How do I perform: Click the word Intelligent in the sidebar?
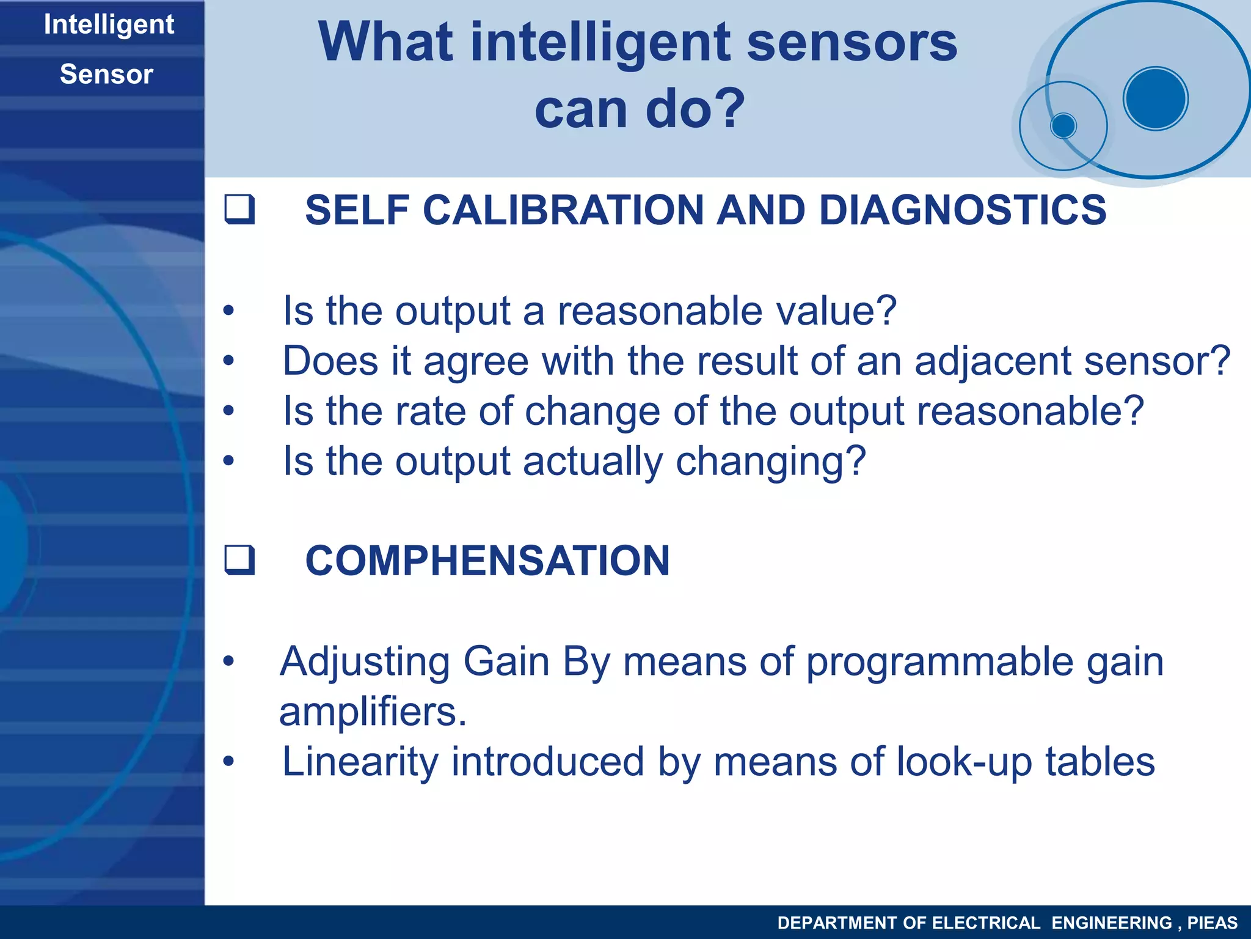click(x=109, y=25)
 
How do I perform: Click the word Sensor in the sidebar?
click(x=106, y=75)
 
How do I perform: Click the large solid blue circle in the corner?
click(x=1155, y=98)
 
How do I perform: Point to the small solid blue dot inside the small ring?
click(x=1063, y=126)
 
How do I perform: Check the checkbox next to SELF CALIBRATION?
click(x=239, y=210)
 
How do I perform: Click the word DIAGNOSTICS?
click(x=962, y=210)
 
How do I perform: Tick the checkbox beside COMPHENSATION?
click(x=239, y=560)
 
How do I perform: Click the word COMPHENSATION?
click(x=487, y=560)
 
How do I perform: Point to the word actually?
click(x=592, y=461)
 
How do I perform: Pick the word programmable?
click(x=939, y=662)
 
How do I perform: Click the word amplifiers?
click(x=373, y=712)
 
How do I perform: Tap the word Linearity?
click(x=360, y=762)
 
